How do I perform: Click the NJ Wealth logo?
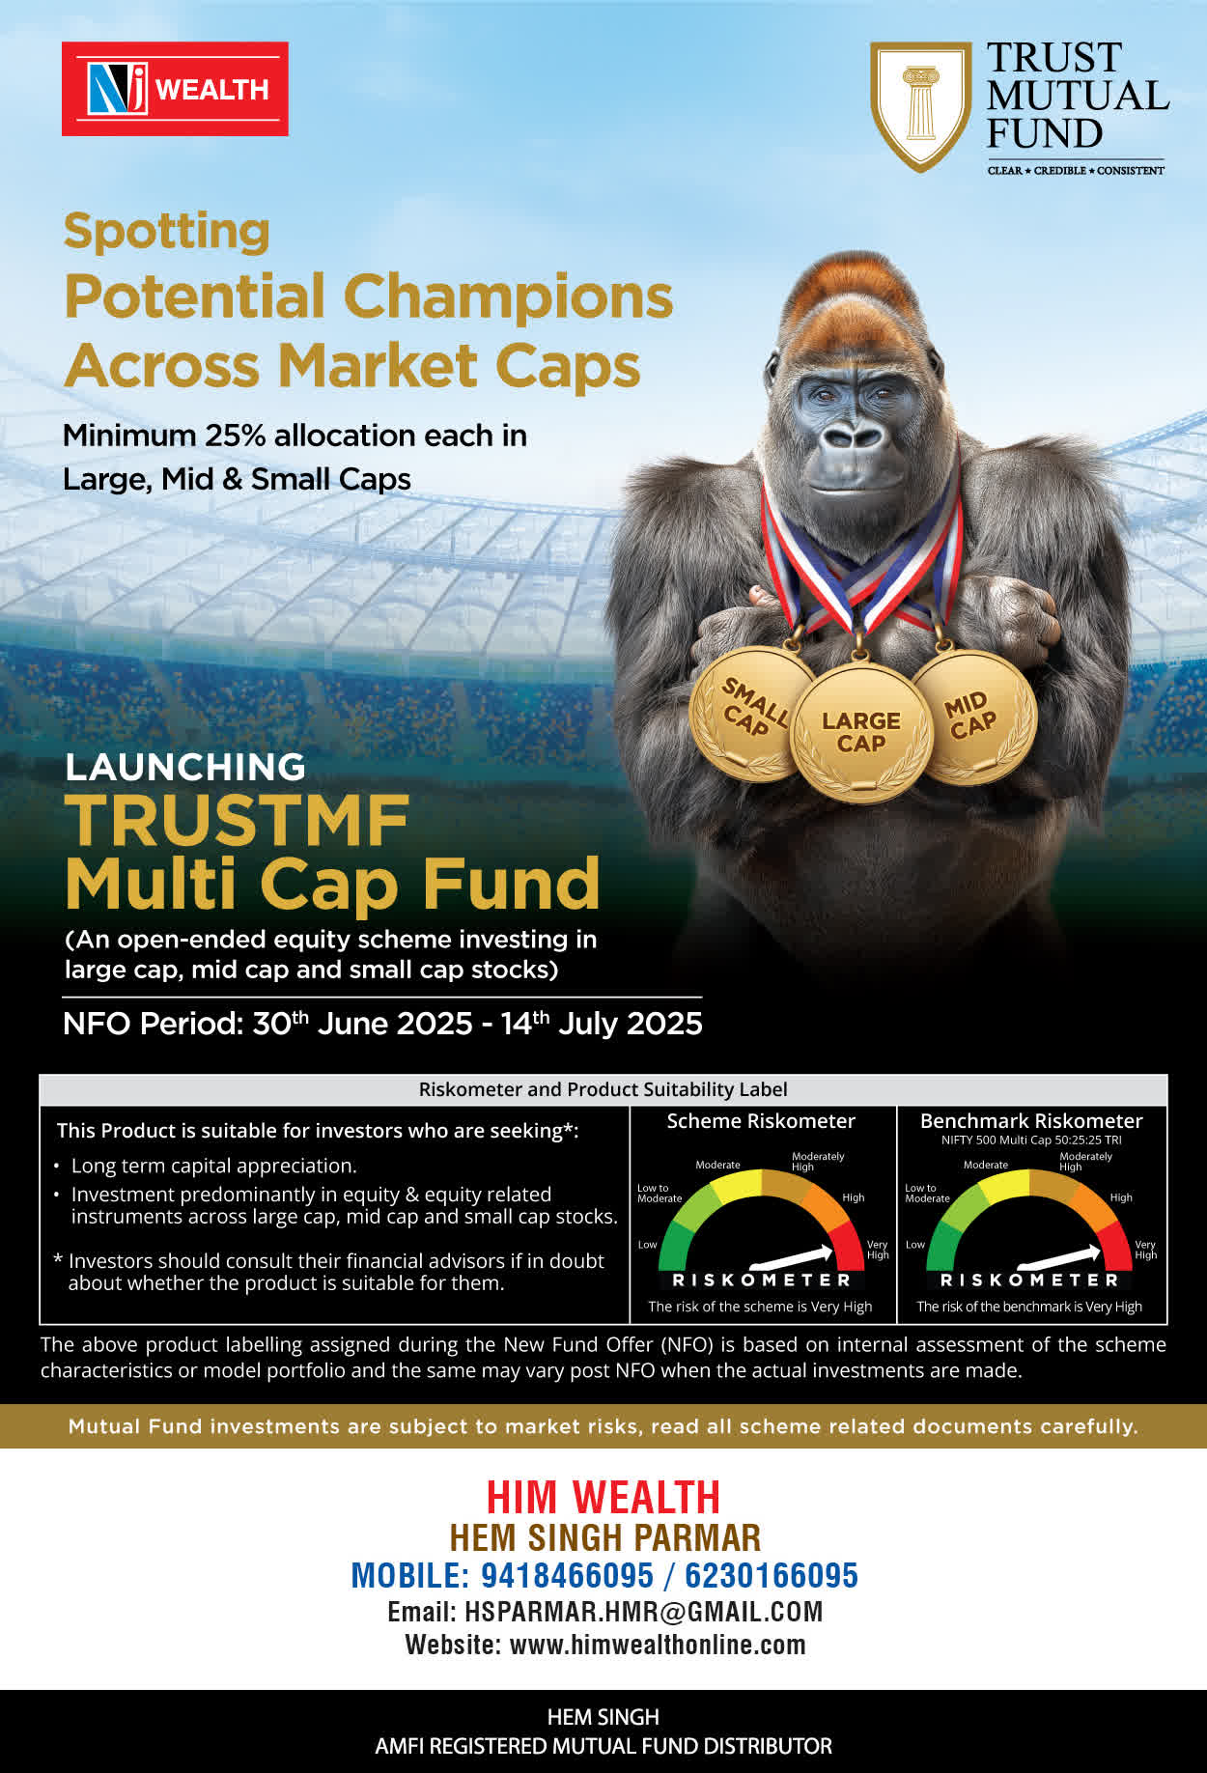pyautogui.click(x=175, y=89)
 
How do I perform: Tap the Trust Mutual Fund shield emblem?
pyautogui.click(x=920, y=105)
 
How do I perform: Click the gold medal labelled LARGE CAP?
pyautogui.click(x=861, y=732)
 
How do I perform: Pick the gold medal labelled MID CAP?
pyautogui.click(x=973, y=717)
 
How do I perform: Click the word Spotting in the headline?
pyautogui.click(x=167, y=232)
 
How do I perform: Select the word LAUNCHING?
pyautogui.click(x=185, y=767)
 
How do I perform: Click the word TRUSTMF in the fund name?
pyautogui.click(x=238, y=821)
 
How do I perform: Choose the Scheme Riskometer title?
pyautogui.click(x=761, y=1121)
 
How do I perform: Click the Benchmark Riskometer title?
pyautogui.click(x=1031, y=1121)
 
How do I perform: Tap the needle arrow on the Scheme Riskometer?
pyautogui.click(x=791, y=1257)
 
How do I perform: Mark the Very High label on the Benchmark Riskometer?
pyautogui.click(x=1145, y=1250)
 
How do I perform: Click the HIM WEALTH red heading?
pyautogui.click(x=603, y=1498)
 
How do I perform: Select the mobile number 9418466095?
pyautogui.click(x=568, y=1575)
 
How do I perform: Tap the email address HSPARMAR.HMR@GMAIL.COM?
pyautogui.click(x=644, y=1612)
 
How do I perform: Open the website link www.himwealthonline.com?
pyautogui.click(x=658, y=1645)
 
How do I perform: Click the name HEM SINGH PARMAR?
pyautogui.click(x=605, y=1537)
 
